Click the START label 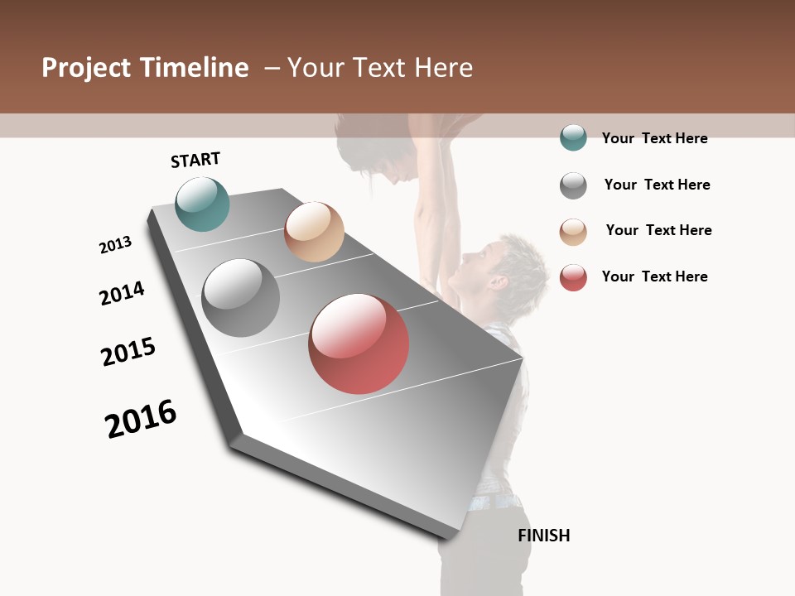click(x=195, y=160)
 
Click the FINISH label click(x=544, y=536)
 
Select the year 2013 click(x=115, y=245)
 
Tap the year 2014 click(x=122, y=293)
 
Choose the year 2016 click(x=141, y=419)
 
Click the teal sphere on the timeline click(x=202, y=204)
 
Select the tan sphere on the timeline click(x=314, y=232)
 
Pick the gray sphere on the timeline click(x=240, y=298)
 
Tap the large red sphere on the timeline click(x=359, y=344)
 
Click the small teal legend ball click(x=573, y=137)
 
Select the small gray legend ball click(x=573, y=185)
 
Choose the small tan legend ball click(x=573, y=232)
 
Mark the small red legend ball click(x=573, y=277)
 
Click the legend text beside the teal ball click(x=654, y=138)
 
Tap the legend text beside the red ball click(x=654, y=276)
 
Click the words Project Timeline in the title click(x=145, y=68)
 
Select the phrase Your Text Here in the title click(x=380, y=68)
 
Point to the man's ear click(x=498, y=282)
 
